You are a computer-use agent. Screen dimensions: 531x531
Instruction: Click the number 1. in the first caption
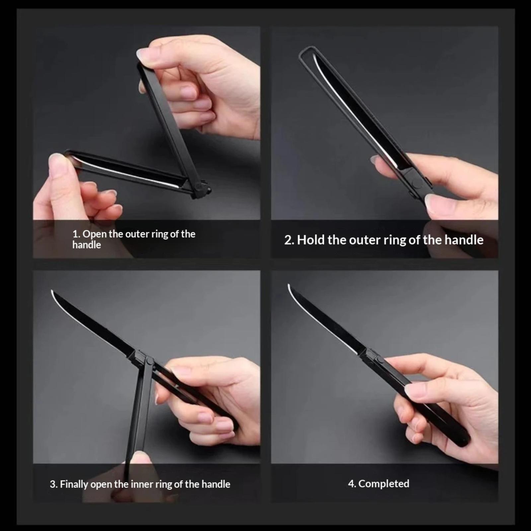point(76,234)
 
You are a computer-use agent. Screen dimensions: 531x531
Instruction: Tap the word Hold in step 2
point(311,240)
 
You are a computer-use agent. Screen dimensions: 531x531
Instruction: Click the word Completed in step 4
point(384,484)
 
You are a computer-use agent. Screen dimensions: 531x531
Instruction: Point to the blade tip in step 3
point(52,291)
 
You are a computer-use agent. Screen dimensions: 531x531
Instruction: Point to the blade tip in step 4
point(289,285)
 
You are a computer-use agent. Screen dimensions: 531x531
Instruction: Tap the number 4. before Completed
point(352,484)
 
